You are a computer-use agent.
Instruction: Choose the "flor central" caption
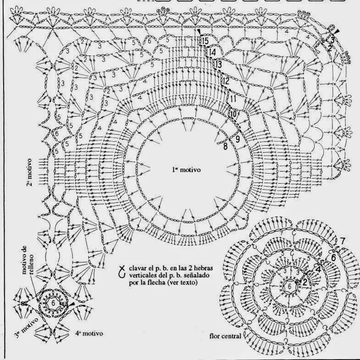click(222, 335)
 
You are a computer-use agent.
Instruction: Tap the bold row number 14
click(212, 53)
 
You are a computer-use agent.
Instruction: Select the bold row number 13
click(218, 64)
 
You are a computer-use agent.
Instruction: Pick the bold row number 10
click(233, 113)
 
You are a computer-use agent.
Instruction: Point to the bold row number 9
click(238, 137)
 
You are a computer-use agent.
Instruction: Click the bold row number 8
click(225, 147)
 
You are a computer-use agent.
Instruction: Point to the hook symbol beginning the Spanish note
click(121, 272)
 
